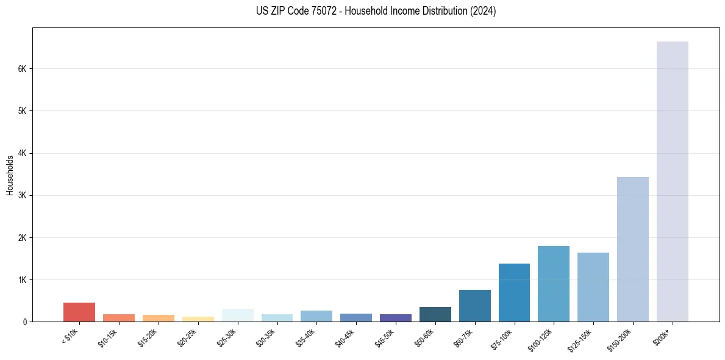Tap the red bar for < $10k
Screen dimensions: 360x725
click(79, 312)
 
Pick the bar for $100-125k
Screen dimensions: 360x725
click(553, 284)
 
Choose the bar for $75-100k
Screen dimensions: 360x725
click(514, 292)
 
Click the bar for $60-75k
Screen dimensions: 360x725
click(474, 306)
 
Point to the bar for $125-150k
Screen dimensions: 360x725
click(593, 287)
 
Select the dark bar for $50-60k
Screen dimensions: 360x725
click(435, 314)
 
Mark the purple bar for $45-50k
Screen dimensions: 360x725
click(395, 318)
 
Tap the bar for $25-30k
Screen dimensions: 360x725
click(237, 315)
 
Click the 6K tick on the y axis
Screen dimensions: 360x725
click(22, 69)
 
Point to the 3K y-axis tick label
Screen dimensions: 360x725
click(22, 195)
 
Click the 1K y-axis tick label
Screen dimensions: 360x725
click(22, 279)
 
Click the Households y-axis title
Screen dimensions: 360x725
click(10, 175)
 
